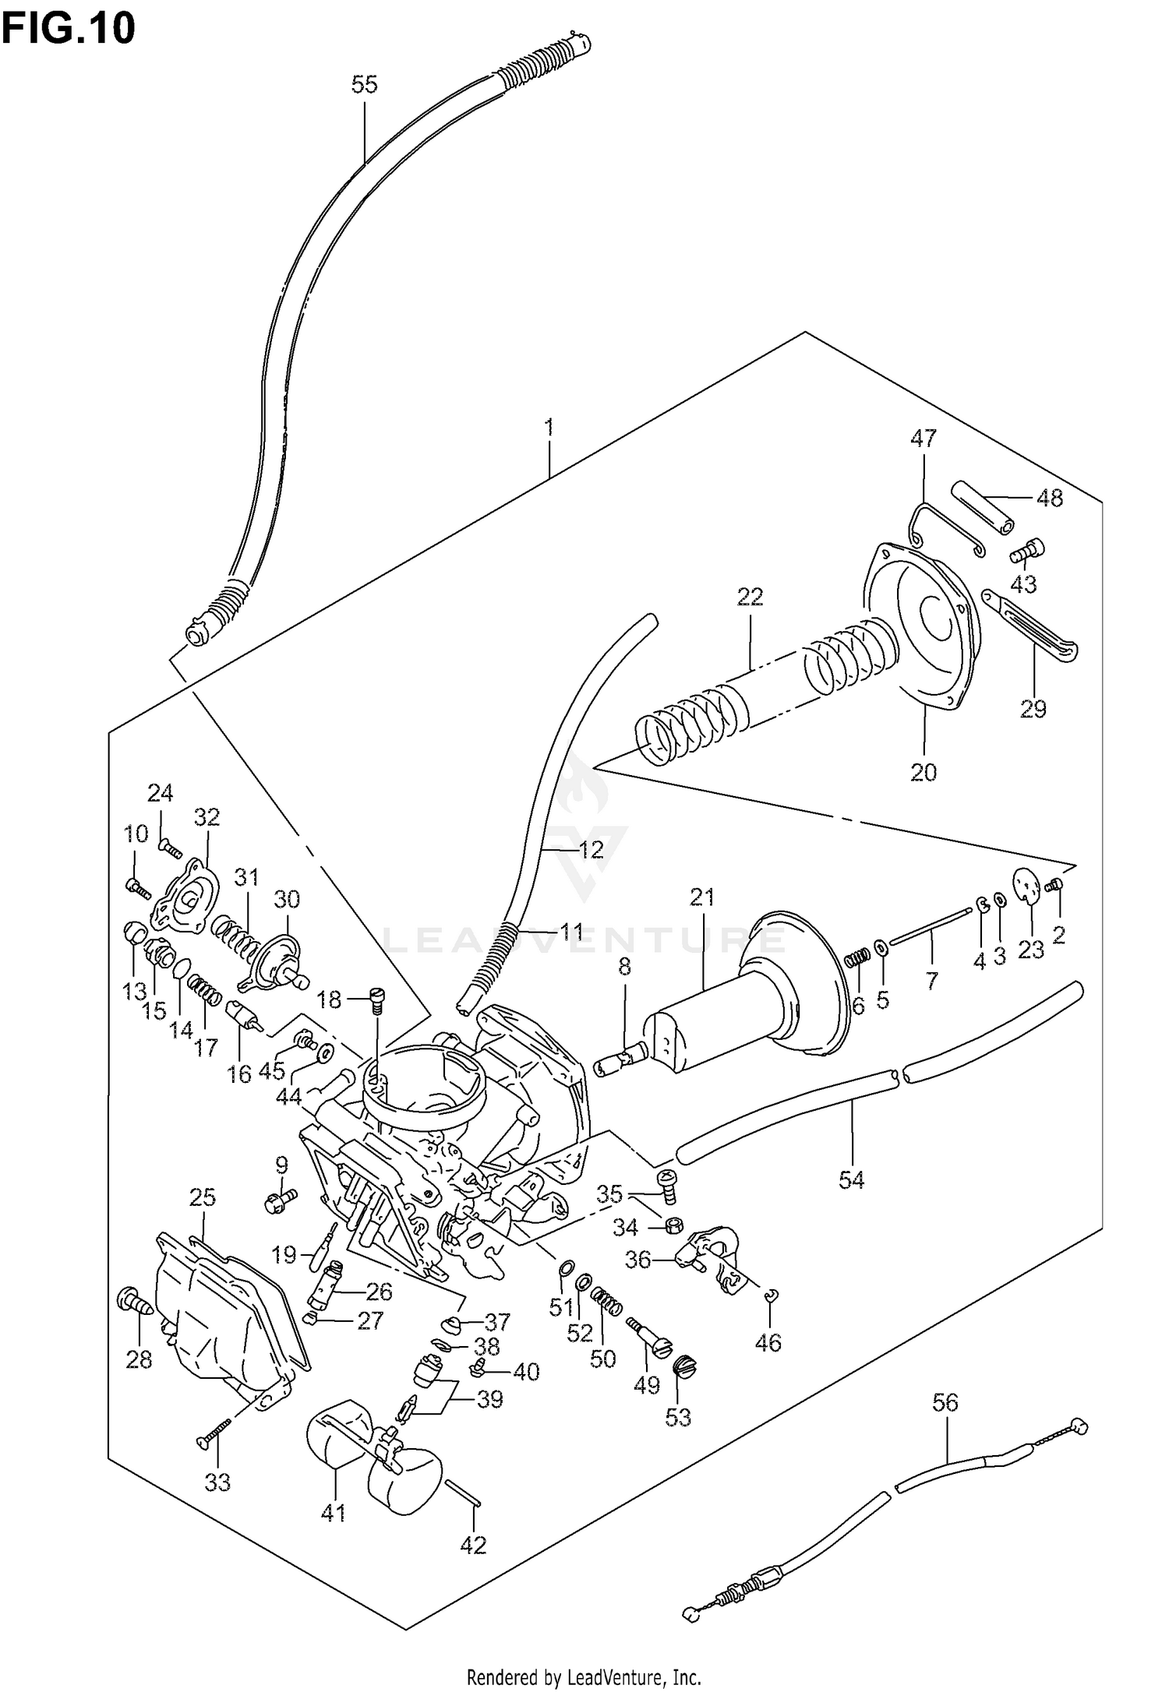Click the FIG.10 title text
coord(69,29)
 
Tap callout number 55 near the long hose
coord(364,84)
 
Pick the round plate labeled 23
coord(1029,886)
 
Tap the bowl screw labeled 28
coord(132,1301)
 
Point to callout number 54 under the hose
coord(852,1179)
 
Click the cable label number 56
coord(945,1403)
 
